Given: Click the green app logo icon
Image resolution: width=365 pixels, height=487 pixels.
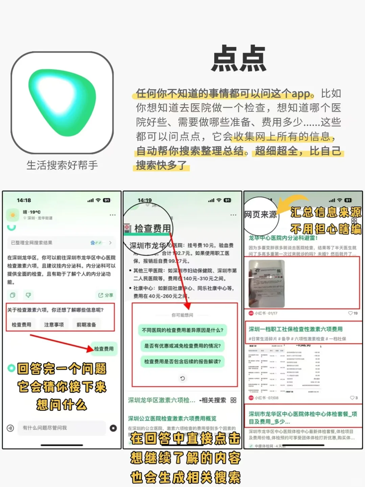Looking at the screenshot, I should click(62, 103).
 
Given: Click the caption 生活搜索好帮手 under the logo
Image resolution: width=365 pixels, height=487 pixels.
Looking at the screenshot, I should click(62, 165).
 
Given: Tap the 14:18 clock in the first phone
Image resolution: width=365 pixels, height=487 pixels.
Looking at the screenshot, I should click(24, 200).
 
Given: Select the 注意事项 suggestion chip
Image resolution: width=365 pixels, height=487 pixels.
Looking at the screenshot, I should click(54, 324).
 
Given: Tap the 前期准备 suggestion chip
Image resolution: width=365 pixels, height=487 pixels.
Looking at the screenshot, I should click(86, 324).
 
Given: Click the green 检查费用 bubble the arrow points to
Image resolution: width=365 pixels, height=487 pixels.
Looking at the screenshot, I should click(104, 349).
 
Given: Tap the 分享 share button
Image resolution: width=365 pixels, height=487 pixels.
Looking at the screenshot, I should click(106, 295).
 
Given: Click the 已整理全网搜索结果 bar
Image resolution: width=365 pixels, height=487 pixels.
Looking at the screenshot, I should click(61, 243).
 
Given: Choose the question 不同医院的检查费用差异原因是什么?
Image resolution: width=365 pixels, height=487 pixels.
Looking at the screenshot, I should click(182, 330).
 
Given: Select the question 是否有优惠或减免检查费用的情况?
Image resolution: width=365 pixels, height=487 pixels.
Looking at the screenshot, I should click(182, 346).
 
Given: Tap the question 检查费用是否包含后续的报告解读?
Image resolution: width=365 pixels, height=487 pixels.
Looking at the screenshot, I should click(182, 361).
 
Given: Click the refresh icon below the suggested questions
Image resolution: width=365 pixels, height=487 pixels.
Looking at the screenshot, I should click(182, 378).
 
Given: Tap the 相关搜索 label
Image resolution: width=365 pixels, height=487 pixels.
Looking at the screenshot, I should click(214, 400).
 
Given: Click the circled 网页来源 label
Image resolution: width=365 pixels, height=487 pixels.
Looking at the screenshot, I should click(260, 215).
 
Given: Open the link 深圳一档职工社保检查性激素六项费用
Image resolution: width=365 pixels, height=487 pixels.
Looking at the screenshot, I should click(296, 329).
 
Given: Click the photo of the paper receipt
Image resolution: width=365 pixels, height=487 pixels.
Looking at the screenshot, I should click(267, 283).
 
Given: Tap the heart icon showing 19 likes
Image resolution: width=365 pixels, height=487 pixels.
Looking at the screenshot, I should click(350, 313).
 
